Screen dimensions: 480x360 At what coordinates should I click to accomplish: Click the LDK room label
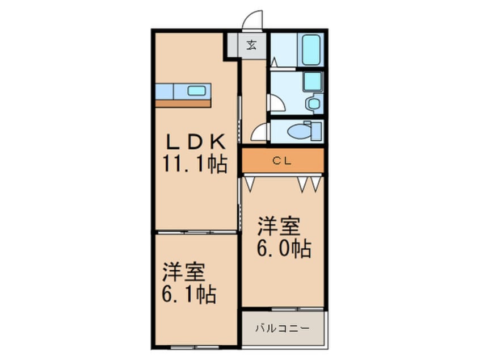pyautogui.click(x=196, y=141)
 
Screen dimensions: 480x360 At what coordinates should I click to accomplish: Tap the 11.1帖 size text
pyautogui.click(x=195, y=164)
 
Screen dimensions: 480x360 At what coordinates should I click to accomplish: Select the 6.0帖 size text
pyautogui.click(x=284, y=248)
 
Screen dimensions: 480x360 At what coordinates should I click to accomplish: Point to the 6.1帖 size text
pyautogui.click(x=189, y=294)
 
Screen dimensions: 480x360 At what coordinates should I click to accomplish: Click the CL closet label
pyautogui.click(x=282, y=161)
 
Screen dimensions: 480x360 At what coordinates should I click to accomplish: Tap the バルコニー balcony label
pyautogui.click(x=283, y=329)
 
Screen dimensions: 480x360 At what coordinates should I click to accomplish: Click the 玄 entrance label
pyautogui.click(x=252, y=45)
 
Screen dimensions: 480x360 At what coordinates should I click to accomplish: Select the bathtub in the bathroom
pyautogui.click(x=311, y=49)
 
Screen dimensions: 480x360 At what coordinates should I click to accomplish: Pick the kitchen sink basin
pyautogui.click(x=196, y=91)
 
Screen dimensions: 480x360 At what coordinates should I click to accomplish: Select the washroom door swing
pyautogui.click(x=277, y=103)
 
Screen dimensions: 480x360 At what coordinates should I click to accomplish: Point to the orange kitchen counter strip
pyautogui.click(x=183, y=103)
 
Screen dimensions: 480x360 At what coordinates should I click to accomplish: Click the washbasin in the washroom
pyautogui.click(x=314, y=103)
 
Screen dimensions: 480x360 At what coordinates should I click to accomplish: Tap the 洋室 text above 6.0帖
pyautogui.click(x=278, y=227)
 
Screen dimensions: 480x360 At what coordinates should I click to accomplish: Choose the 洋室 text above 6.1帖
pyautogui.click(x=183, y=272)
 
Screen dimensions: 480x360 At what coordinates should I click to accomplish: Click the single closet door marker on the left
pyautogui.click(x=250, y=184)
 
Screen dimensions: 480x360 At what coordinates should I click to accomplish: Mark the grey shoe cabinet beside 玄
pyautogui.click(x=233, y=45)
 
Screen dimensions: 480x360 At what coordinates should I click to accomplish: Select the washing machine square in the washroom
pyautogui.click(x=313, y=82)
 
